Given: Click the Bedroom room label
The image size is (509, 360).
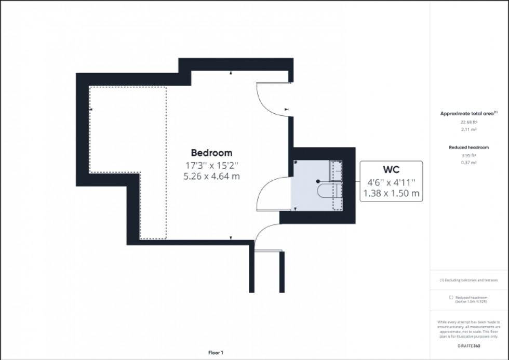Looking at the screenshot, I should (211, 153).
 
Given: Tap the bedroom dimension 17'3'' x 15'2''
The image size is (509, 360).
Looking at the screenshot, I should (211, 165).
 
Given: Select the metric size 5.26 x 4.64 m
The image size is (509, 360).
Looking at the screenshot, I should (211, 176).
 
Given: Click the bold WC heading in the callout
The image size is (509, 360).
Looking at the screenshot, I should (391, 170).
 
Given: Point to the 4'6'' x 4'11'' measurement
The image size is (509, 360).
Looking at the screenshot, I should (391, 182).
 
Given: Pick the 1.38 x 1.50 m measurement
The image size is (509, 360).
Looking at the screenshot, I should (391, 194).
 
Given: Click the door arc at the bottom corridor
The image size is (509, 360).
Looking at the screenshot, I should (264, 233).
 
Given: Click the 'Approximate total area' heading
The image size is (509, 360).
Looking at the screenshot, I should (468, 113).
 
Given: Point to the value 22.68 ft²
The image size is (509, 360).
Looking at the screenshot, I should (468, 123).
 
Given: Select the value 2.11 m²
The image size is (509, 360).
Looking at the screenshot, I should (468, 130).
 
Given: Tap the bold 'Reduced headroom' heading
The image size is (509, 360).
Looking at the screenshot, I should (468, 148).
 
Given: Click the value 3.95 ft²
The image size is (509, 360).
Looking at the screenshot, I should (468, 155).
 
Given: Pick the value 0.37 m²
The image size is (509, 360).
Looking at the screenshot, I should (468, 163).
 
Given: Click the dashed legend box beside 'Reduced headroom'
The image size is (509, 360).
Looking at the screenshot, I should (451, 298).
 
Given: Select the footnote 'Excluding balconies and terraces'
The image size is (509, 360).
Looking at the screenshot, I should (470, 280).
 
